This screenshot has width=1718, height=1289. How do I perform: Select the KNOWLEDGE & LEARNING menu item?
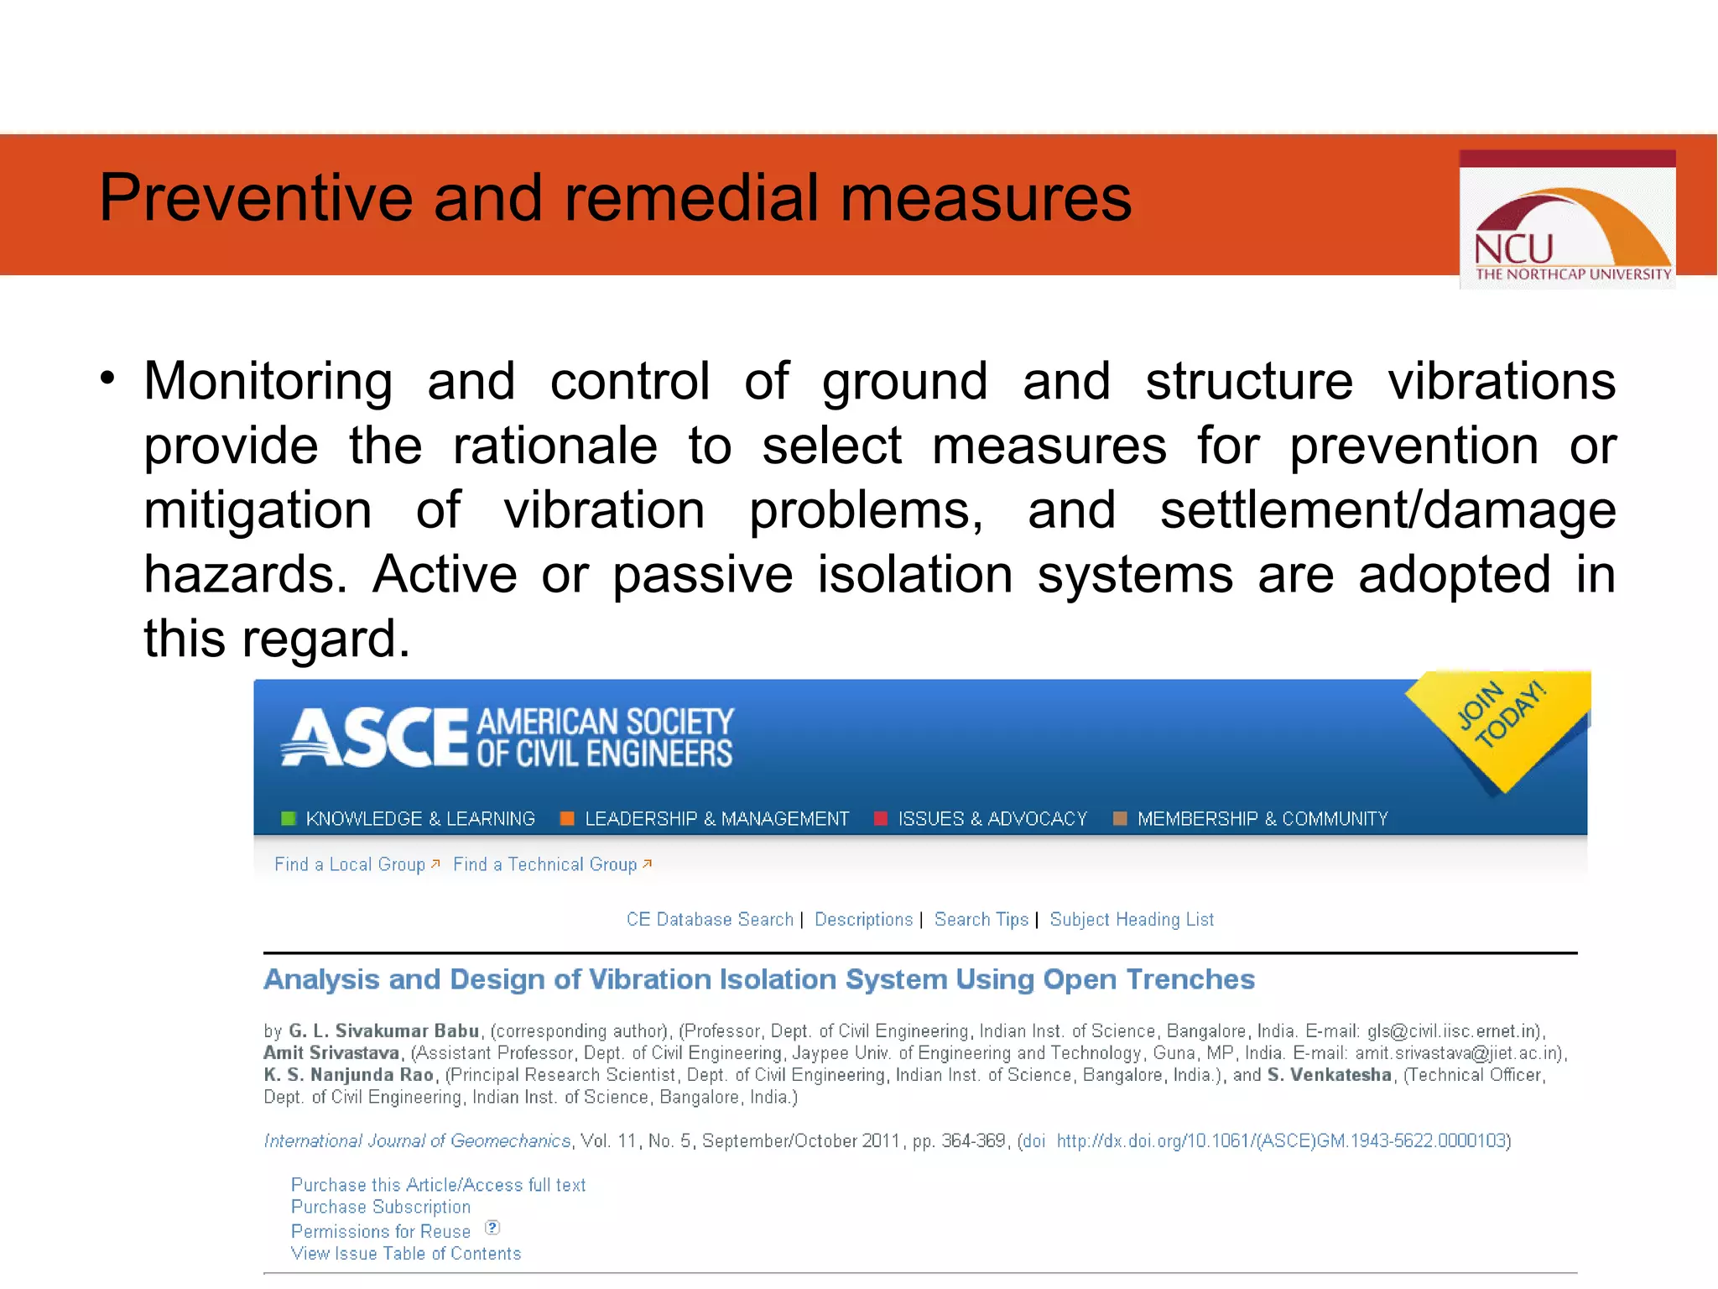pos(419,819)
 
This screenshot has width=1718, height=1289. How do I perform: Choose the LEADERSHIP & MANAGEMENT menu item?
pos(716,819)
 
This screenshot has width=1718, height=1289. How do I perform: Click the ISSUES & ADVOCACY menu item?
pos(992,819)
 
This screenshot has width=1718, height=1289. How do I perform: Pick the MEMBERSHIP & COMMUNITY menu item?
pos(1262,819)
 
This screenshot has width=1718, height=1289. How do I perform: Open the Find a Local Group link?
pos(350,864)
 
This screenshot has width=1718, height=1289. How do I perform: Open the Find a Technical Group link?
pos(545,864)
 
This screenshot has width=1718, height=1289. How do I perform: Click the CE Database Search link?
pos(710,920)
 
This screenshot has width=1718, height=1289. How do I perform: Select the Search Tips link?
pos(981,920)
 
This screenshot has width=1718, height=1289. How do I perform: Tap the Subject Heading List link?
pos(1132,920)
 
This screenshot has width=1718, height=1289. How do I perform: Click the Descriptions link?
pos(863,920)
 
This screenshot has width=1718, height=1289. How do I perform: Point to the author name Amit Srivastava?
pos(331,1053)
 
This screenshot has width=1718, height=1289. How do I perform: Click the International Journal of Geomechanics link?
pos(417,1141)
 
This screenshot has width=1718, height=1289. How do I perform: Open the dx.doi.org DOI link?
pos(1281,1141)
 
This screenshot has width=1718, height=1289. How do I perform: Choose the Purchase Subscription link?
pos(380,1208)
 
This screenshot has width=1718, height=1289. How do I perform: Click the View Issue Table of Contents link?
pos(405,1254)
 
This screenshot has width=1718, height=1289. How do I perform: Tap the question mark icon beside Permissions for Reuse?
pos(492,1229)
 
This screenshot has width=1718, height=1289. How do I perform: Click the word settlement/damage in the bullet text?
pos(1387,511)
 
